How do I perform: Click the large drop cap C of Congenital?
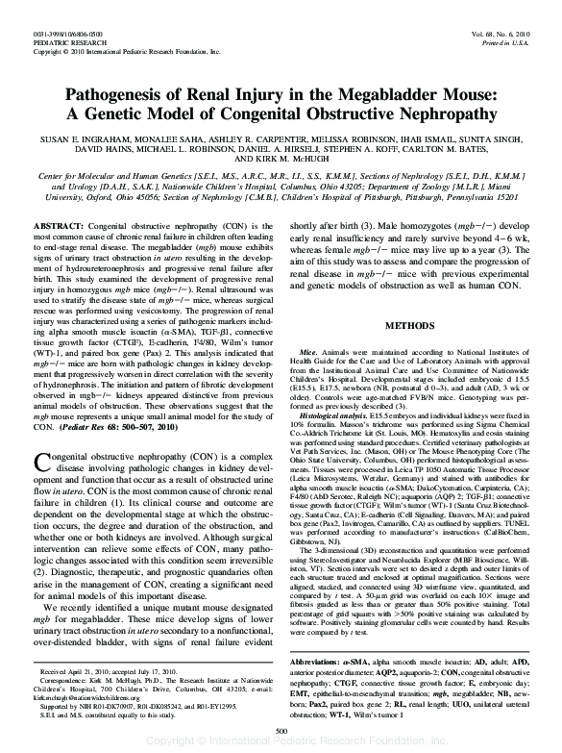click(45, 461)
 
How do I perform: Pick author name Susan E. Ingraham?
click(86, 140)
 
